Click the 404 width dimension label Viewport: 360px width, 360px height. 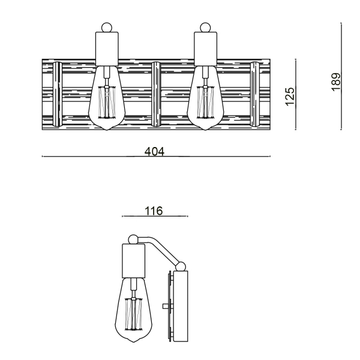coord(155,151)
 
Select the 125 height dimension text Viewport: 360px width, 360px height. coord(290,95)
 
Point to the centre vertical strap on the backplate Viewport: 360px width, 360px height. coord(156,94)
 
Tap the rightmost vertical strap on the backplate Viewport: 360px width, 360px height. coord(256,94)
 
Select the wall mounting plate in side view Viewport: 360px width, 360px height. coord(180,306)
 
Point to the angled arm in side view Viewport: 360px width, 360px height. coord(161,248)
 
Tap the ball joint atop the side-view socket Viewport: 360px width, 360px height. coord(133,239)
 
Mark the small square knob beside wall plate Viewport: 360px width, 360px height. coord(165,305)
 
